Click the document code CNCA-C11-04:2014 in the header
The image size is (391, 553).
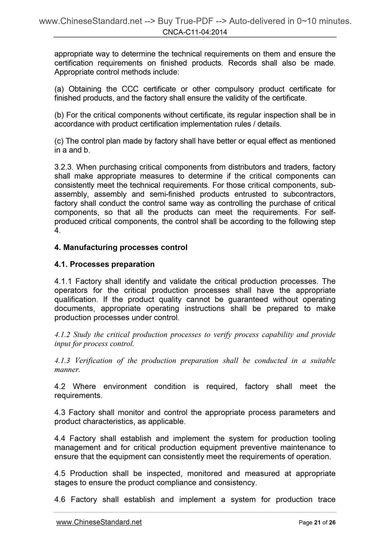(195, 32)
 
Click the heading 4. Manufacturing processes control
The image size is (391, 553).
(121, 248)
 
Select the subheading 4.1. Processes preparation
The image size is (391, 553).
(104, 264)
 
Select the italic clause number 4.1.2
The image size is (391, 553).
(62, 335)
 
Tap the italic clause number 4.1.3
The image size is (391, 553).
(62, 361)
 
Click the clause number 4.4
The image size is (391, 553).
(60, 439)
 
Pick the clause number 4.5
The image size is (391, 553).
(60, 473)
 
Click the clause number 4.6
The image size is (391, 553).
(60, 499)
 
